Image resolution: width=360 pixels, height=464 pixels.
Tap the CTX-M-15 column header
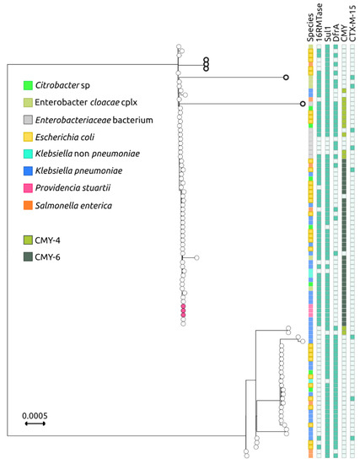click(x=354, y=24)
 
